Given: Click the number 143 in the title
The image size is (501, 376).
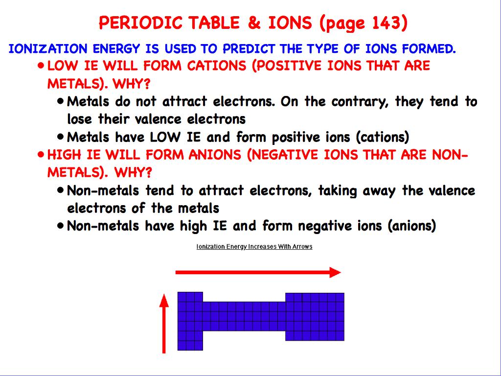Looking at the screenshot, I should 387,23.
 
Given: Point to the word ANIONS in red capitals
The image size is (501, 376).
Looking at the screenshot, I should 215,155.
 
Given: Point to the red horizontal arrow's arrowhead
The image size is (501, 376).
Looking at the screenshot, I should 335,273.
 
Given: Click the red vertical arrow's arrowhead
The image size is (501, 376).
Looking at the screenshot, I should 164,299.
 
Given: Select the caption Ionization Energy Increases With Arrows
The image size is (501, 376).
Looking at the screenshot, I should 254,247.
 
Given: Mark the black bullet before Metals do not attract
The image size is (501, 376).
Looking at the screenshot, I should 60,101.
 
